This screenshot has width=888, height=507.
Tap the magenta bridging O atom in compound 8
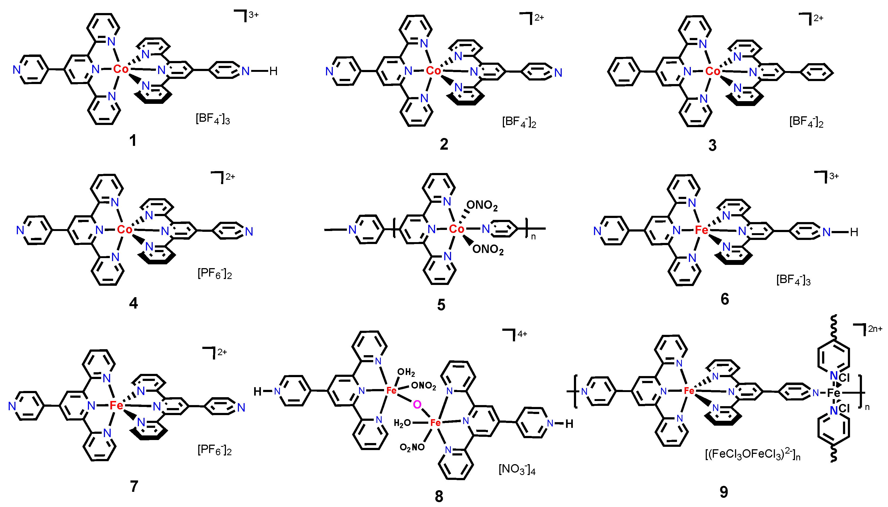pos(417,404)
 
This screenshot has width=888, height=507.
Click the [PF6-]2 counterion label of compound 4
pos(215,274)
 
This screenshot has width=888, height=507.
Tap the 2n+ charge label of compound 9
pos(875,328)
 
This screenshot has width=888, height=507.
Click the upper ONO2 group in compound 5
pos(482,205)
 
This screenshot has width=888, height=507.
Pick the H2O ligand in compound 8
pos(402,423)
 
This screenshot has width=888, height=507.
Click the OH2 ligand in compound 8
pos(406,372)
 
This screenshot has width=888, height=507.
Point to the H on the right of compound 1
pos(273,71)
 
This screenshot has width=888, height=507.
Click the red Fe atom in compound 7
pos(116,405)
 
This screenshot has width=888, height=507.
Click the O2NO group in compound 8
pos(412,447)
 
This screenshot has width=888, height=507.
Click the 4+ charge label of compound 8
pos(522,333)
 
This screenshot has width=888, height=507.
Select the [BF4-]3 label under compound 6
pos(793,280)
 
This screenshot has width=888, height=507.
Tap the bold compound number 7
pos(134,486)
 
